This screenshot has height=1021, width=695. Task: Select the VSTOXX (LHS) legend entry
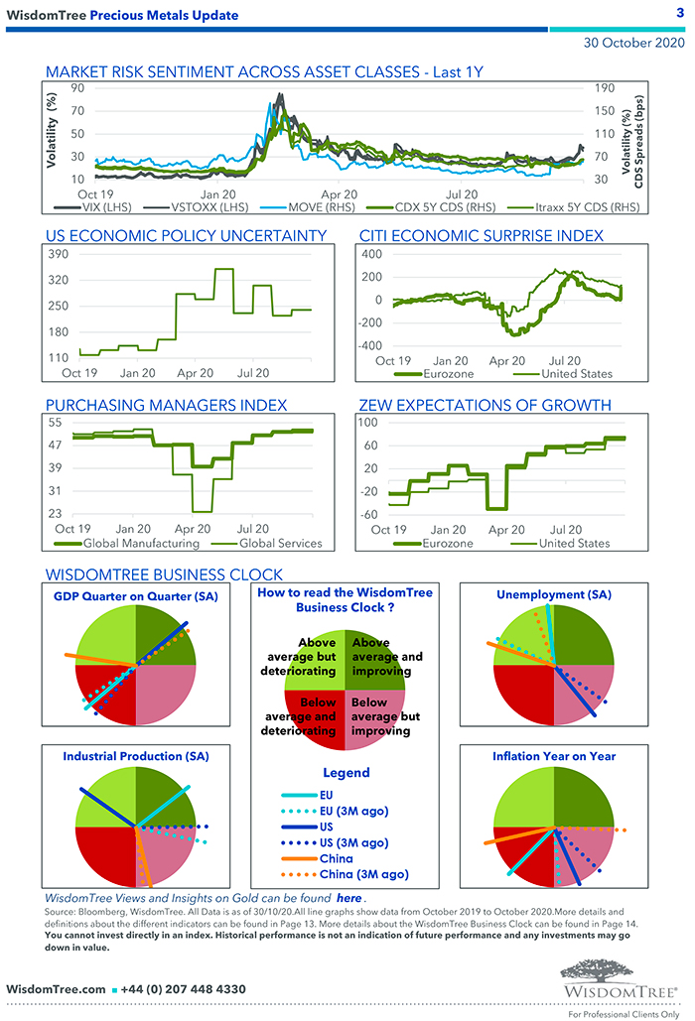tap(201, 208)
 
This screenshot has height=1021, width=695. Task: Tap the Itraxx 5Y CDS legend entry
tap(583, 208)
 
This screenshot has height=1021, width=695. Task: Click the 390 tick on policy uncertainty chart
tap(59, 255)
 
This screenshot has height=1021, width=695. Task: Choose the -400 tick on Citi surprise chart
tap(369, 346)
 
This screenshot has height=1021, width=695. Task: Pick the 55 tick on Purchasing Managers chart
tap(55, 424)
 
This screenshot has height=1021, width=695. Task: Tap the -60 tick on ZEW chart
tap(369, 514)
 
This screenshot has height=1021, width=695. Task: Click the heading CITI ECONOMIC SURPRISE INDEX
tap(481, 235)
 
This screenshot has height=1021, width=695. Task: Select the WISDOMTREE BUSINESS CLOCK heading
tap(164, 574)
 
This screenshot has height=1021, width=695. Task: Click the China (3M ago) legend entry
tap(363, 874)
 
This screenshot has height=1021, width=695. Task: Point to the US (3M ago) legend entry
tap(353, 842)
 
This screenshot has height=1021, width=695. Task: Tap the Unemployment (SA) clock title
tap(554, 594)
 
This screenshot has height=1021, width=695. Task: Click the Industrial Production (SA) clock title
tap(130, 756)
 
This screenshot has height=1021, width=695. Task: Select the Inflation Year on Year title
tap(554, 756)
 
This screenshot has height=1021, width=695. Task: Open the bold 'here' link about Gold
tap(347, 896)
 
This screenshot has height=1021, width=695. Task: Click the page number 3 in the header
tap(679, 13)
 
